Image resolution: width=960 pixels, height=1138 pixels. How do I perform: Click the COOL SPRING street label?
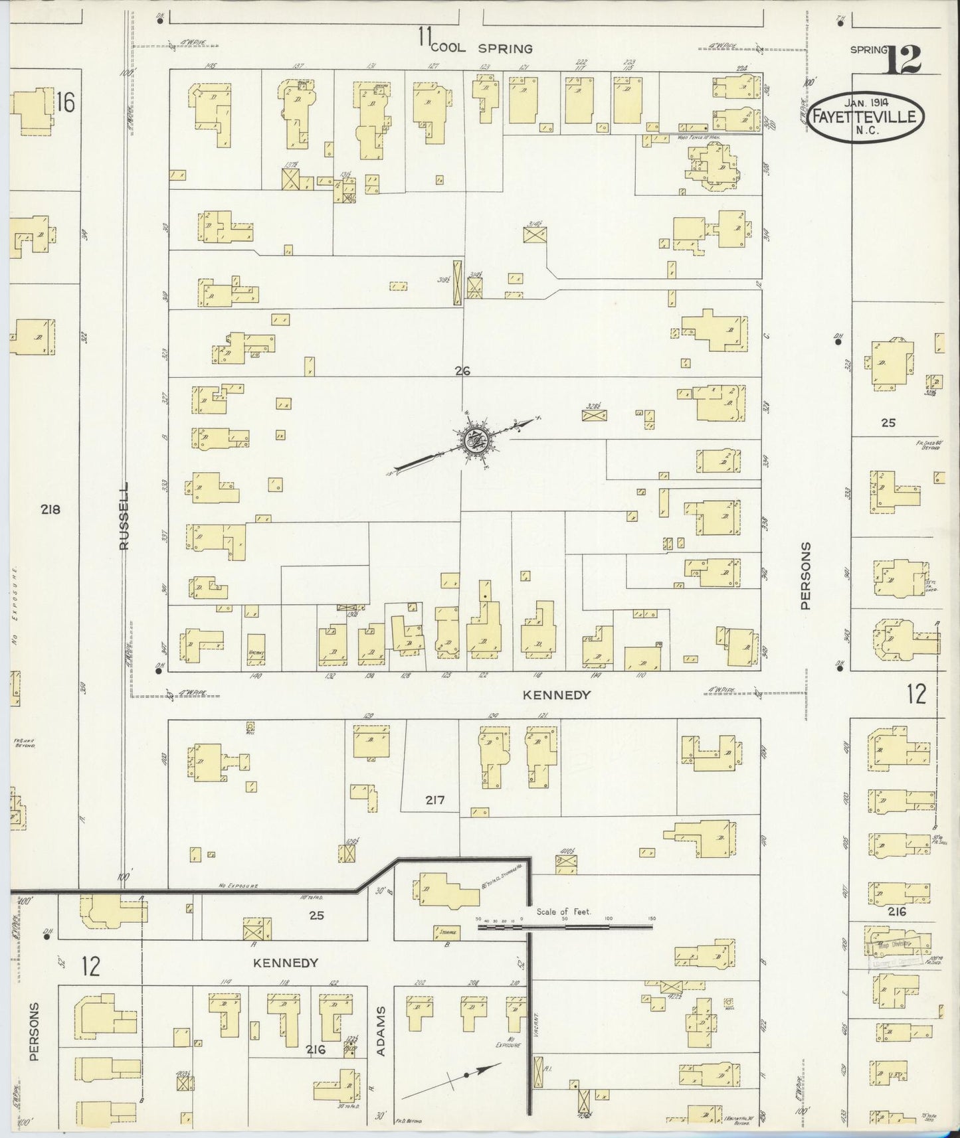point(482,48)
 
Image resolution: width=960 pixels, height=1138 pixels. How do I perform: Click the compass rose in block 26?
point(474,439)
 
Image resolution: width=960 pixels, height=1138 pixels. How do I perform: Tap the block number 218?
point(50,509)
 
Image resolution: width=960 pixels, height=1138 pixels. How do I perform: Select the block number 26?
point(462,371)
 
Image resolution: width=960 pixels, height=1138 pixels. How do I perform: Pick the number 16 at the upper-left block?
point(66,102)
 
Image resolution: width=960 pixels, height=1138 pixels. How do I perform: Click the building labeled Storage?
point(446,932)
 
